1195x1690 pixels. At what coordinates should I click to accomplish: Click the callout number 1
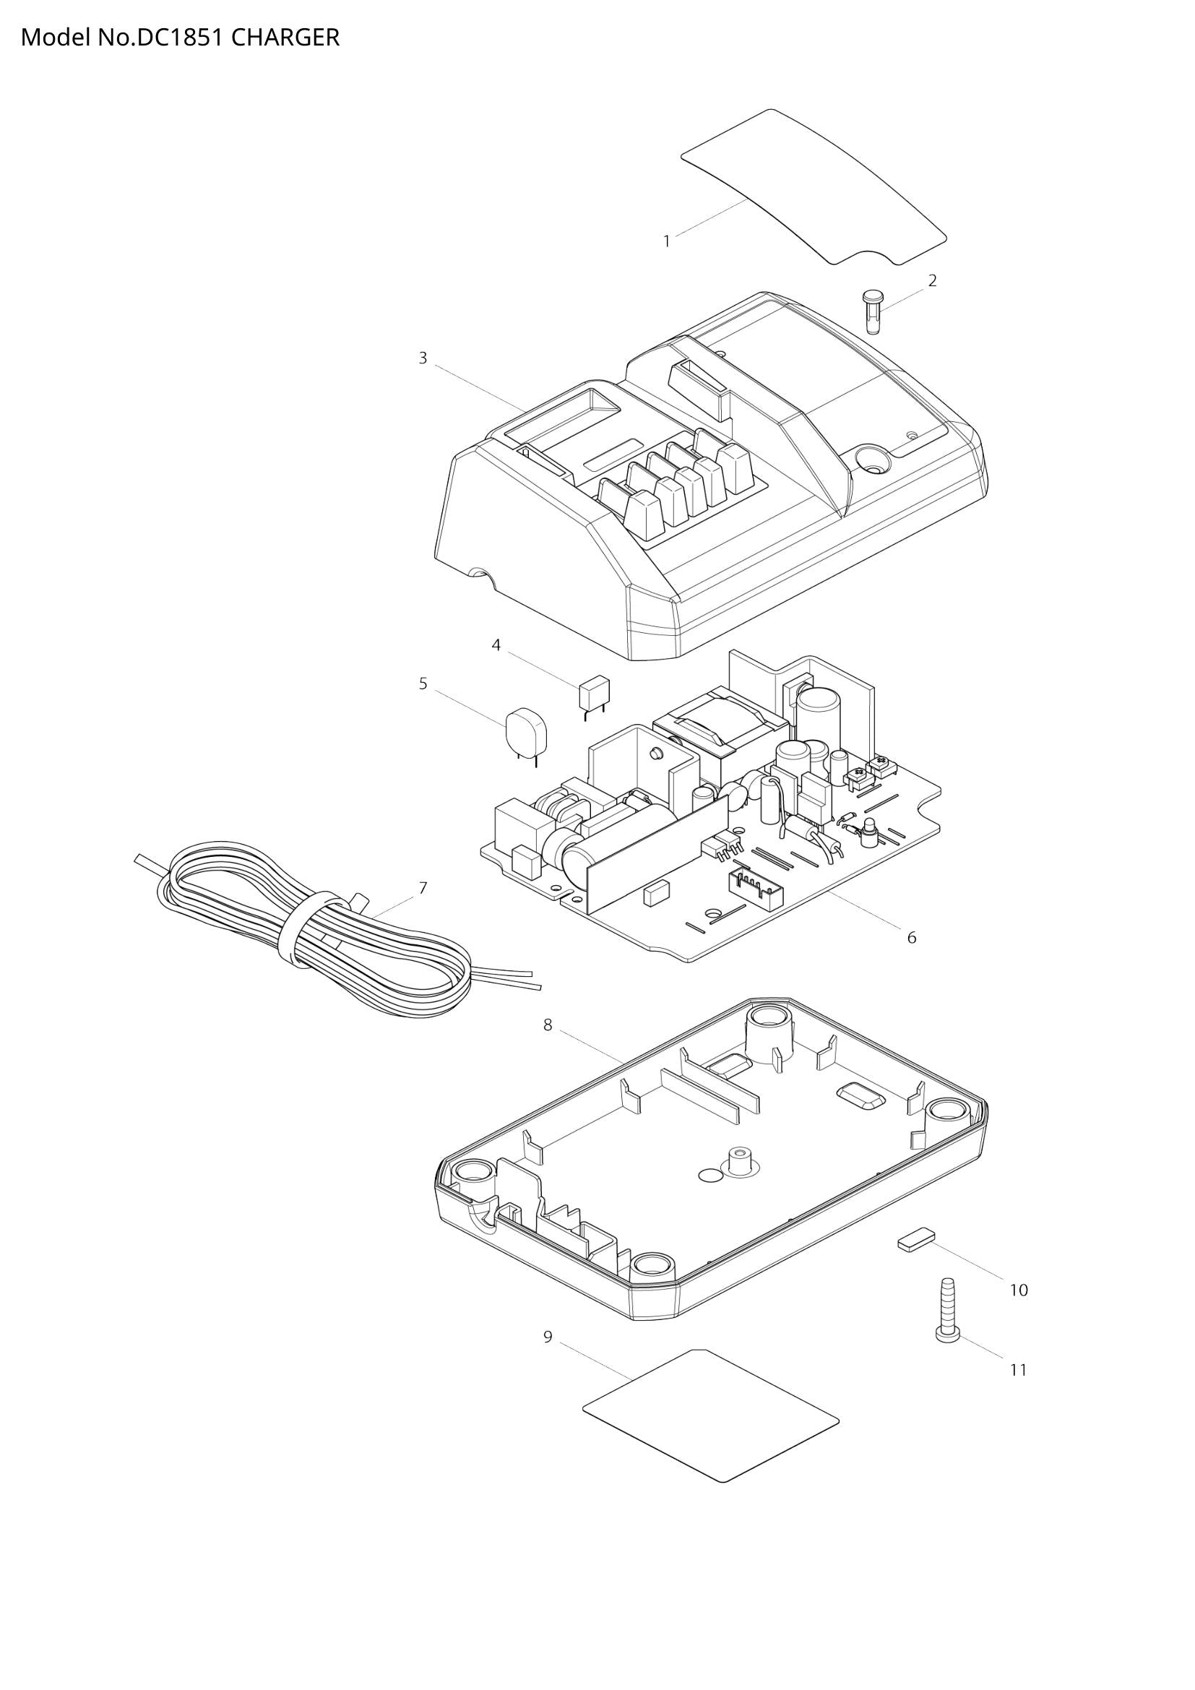667,241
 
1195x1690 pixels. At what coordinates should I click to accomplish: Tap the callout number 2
932,280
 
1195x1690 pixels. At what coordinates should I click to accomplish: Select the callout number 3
423,358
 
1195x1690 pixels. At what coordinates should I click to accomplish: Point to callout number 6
911,938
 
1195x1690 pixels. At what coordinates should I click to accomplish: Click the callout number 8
548,1025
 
